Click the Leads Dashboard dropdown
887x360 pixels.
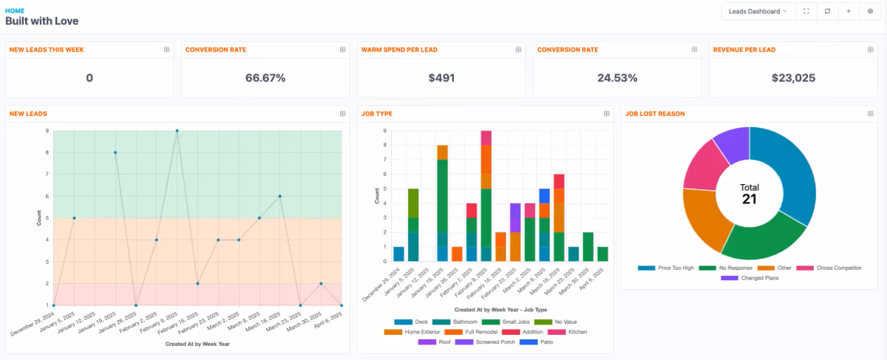[758, 11]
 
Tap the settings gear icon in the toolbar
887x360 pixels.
[869, 11]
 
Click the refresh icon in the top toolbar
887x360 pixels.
[827, 11]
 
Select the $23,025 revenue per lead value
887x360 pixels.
[792, 78]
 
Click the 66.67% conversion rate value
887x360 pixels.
[265, 78]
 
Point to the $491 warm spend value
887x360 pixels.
[441, 78]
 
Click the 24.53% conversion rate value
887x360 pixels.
[617, 78]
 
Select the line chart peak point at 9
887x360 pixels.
[177, 131]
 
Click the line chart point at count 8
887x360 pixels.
[115, 152]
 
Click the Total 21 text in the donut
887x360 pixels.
[750, 194]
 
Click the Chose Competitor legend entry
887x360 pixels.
[838, 268]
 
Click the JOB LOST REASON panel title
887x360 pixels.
[654, 114]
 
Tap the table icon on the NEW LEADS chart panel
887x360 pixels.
[342, 114]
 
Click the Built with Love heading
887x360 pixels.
[41, 21]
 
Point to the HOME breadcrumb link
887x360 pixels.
[15, 11]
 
